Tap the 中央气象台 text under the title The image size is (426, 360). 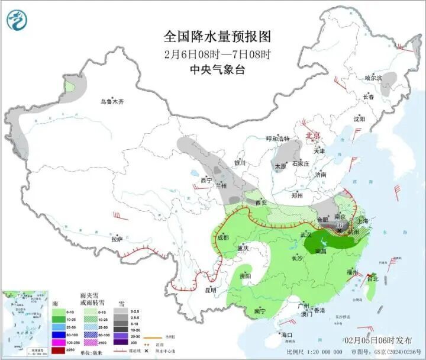[x=217, y=70]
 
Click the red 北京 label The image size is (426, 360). [x=312, y=136]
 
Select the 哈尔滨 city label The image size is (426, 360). [x=373, y=78]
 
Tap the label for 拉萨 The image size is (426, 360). [x=117, y=239]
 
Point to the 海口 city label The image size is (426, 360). [x=288, y=335]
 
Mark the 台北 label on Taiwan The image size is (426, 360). [x=372, y=278]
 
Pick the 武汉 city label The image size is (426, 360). [x=306, y=235]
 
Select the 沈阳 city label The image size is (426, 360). [x=359, y=118]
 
